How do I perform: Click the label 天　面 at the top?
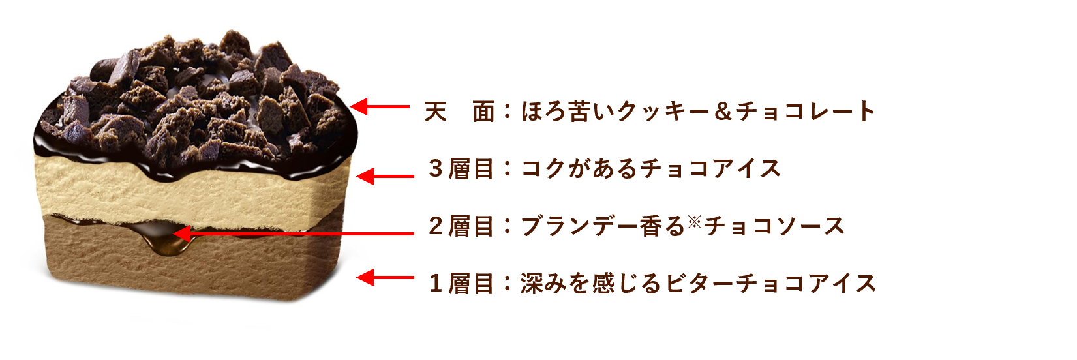459,112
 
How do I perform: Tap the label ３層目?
461,169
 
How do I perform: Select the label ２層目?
461,226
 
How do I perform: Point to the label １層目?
461,283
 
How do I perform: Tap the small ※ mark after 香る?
693,222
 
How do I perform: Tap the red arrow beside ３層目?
385,176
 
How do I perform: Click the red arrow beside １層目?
385,278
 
